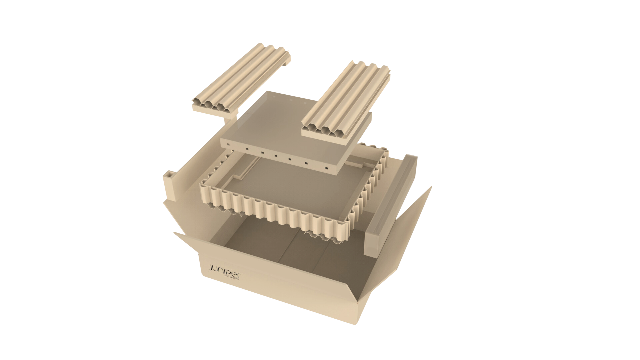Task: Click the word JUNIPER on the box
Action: [x=224, y=271]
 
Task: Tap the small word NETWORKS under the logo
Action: [x=232, y=278]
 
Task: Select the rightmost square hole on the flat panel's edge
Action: [x=327, y=168]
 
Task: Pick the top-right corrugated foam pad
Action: [x=346, y=103]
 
